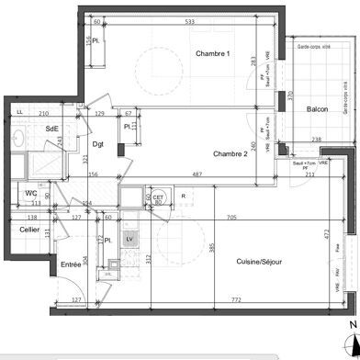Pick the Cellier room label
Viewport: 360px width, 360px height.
[x=29, y=230]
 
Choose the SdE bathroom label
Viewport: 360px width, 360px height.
[x=52, y=129]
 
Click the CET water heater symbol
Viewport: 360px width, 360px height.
[x=157, y=197]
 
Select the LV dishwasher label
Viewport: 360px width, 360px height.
[x=129, y=239]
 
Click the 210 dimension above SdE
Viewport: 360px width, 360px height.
[x=43, y=113]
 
